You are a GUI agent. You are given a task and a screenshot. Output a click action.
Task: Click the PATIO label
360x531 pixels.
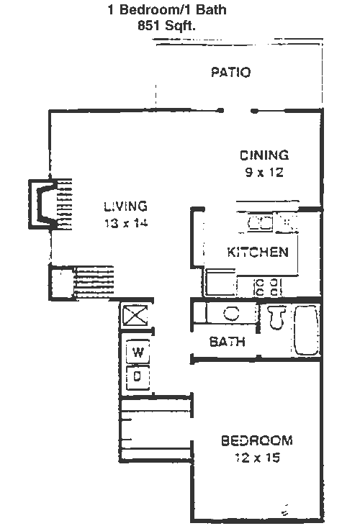[x=230, y=72]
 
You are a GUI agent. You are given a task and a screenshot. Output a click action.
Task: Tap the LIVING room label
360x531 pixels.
[x=125, y=206]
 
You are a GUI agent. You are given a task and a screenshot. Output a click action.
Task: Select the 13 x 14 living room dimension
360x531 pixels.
[x=126, y=223]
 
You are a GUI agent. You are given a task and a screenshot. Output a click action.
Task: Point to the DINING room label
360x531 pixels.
[x=264, y=155]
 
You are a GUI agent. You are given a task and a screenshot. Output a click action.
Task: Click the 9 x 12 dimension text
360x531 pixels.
[x=264, y=173]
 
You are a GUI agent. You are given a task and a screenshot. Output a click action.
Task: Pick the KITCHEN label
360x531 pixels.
[x=258, y=252]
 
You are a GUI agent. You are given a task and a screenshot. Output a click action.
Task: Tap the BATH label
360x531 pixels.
[x=227, y=341]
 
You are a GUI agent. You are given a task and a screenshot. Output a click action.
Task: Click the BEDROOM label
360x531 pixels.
[x=257, y=440]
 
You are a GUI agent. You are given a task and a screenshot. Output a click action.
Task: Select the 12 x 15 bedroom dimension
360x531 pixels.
[x=257, y=458]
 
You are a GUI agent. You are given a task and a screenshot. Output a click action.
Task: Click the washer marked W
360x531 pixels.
[x=138, y=352]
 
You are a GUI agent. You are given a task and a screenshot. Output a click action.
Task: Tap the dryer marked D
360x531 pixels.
[x=138, y=377]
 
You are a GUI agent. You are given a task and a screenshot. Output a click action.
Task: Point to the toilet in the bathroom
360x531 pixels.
[x=276, y=317]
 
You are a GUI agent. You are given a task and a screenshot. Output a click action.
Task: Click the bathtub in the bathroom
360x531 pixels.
[x=307, y=330]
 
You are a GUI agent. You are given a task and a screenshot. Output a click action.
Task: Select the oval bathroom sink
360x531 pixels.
[x=232, y=313]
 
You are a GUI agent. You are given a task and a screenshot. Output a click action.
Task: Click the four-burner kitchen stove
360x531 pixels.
[x=268, y=287]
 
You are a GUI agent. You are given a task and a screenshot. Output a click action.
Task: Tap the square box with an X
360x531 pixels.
[x=135, y=315]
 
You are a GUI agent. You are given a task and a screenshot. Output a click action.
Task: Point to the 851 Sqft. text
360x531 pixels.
[x=166, y=26]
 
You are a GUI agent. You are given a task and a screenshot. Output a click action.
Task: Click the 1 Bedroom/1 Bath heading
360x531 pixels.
[x=167, y=9]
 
